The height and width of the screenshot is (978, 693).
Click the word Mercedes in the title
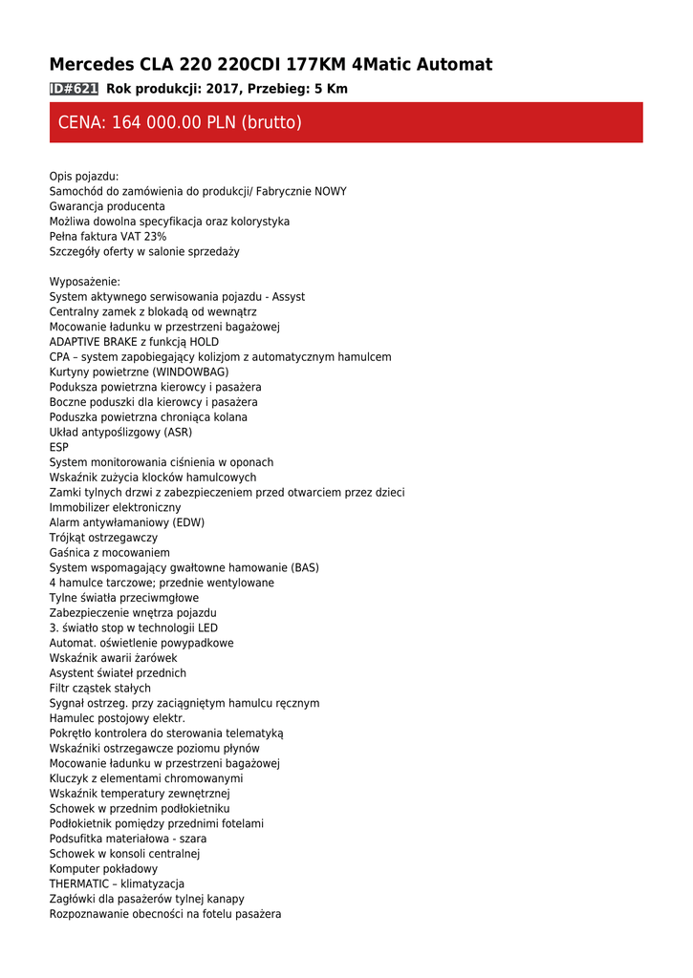coord(92,65)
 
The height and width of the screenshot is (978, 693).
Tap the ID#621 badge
coord(74,89)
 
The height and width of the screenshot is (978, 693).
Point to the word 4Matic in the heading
coord(384,65)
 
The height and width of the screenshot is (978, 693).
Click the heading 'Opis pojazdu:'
coord(84,177)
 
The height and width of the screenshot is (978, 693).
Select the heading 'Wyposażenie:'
coord(85,282)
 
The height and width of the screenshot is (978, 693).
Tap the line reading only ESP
coord(59,447)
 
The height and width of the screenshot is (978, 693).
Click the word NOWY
coord(331,192)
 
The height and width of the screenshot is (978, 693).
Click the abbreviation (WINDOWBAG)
coord(190,372)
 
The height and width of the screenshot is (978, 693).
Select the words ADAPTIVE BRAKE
coord(94,342)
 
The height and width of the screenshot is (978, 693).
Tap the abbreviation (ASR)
coord(178,433)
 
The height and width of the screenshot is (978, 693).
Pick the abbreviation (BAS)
coord(305,567)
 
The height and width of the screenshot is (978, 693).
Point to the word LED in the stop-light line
coord(207,627)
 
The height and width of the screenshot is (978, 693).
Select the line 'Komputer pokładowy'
coord(103,869)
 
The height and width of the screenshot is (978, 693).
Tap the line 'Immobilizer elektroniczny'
coord(115,507)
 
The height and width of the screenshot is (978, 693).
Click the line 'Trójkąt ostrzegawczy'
coord(103,538)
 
